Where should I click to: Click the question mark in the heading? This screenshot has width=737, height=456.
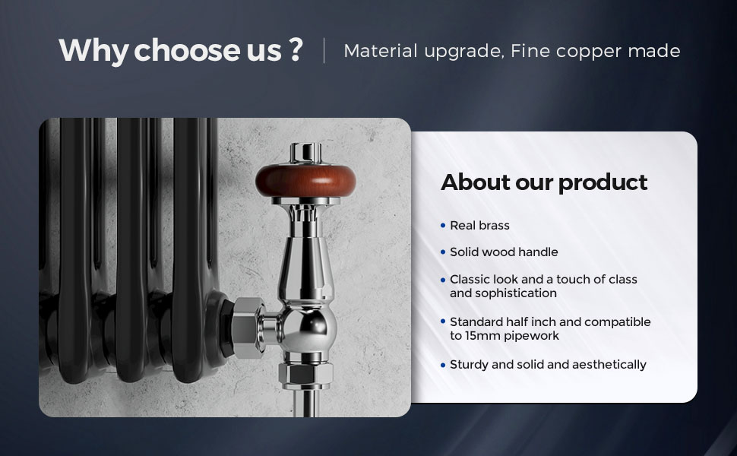(x=296, y=49)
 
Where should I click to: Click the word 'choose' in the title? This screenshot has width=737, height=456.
(x=187, y=50)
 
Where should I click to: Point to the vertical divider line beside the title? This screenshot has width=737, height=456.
(x=324, y=51)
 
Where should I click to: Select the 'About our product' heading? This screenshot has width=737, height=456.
(x=544, y=182)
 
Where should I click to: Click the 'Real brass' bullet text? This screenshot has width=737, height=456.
(x=479, y=226)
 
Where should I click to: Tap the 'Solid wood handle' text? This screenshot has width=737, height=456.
(x=504, y=252)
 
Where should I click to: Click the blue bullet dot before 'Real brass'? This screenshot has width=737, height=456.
(x=443, y=226)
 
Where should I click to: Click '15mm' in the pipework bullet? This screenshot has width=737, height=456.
(x=479, y=336)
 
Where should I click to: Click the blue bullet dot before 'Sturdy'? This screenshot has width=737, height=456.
(x=443, y=365)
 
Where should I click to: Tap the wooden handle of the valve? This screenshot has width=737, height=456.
(x=305, y=180)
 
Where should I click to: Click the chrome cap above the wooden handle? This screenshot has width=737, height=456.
(x=305, y=153)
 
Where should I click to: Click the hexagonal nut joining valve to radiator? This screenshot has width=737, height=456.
(x=248, y=328)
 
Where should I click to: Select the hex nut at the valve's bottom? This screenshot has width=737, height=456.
(x=305, y=374)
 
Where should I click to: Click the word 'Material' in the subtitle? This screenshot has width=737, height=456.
(x=380, y=51)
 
